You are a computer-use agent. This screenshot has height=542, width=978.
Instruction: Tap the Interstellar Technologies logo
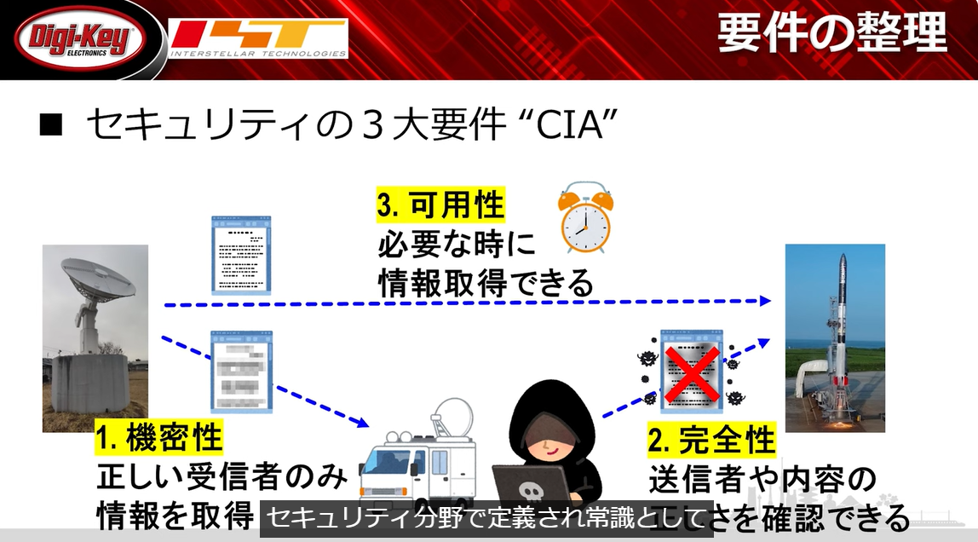[x=259, y=39]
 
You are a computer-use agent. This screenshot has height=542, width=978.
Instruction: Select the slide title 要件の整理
[x=831, y=34]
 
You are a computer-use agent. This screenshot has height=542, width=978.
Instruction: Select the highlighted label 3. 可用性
[x=440, y=206]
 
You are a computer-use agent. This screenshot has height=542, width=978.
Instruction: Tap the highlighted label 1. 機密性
[x=158, y=438]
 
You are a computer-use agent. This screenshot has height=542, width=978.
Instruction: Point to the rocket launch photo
[x=834, y=337]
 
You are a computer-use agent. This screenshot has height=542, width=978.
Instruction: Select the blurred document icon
[x=241, y=372]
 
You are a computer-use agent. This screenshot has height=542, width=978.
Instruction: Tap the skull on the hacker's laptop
[x=529, y=494]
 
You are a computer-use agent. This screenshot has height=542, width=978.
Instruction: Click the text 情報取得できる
[x=486, y=284]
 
